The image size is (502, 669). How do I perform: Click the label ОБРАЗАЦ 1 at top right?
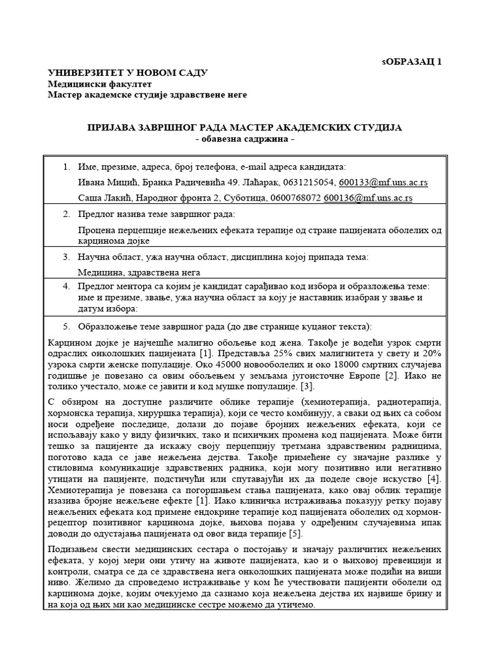tap(413, 62)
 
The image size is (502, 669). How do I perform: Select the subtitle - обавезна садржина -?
tap(245, 139)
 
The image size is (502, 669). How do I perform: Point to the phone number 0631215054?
tap(311, 182)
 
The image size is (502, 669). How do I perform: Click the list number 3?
tap(66, 257)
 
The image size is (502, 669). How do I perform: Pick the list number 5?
tap(66, 326)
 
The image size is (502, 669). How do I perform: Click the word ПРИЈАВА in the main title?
tap(116, 127)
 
